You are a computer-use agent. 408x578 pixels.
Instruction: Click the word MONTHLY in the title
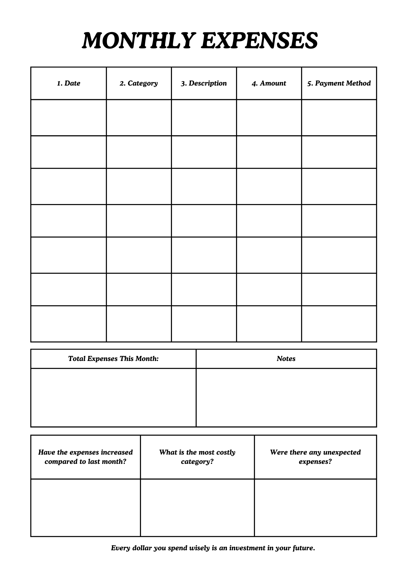point(137,40)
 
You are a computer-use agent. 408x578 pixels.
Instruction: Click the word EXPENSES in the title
point(259,40)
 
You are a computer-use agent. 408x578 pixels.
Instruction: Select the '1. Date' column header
point(68,83)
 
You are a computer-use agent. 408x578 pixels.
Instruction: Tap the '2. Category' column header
point(139,83)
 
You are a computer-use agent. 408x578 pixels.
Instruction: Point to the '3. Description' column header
point(204,83)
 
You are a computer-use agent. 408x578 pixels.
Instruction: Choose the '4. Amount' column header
point(269,83)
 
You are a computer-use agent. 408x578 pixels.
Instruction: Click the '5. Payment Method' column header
point(339,83)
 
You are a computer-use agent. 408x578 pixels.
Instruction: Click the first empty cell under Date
point(68,118)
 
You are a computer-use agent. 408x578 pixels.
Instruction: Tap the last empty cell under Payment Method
point(339,324)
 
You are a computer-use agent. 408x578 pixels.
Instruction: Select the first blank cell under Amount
point(269,118)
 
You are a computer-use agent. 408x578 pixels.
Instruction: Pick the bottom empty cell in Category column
point(139,324)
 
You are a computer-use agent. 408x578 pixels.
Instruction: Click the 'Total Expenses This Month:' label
point(113,359)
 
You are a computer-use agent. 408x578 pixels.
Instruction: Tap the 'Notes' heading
point(286,359)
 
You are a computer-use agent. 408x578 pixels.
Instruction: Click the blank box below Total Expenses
point(113,397)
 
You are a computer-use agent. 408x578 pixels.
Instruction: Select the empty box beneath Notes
point(286,397)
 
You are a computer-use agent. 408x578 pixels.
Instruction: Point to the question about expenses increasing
point(85,457)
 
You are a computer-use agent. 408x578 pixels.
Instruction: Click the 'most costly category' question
point(197,457)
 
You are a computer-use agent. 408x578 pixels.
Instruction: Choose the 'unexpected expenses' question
point(315,457)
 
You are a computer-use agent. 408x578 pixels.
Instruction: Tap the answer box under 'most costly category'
point(197,507)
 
